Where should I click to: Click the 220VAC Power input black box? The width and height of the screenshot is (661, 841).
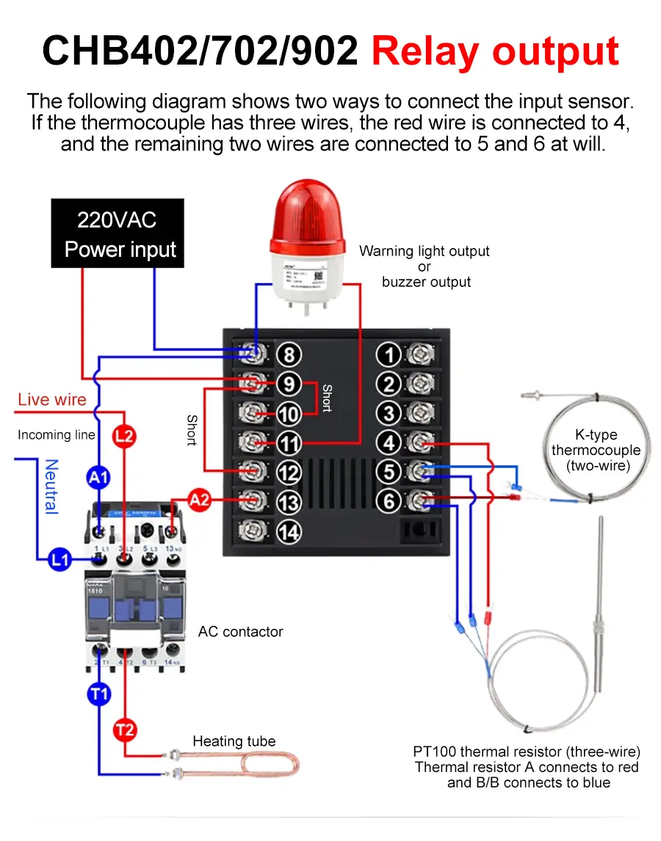(118, 233)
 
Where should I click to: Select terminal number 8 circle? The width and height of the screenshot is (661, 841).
(289, 355)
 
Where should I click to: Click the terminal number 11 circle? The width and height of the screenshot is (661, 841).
(289, 443)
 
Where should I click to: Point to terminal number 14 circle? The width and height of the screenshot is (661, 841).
(289, 531)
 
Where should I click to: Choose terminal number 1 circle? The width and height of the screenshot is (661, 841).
(389, 355)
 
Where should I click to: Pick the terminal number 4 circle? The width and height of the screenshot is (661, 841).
(389, 443)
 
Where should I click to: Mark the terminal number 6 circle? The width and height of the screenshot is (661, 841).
(389, 501)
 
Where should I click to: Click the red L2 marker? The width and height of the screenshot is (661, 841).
(124, 437)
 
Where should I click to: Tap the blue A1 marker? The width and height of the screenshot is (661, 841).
(98, 478)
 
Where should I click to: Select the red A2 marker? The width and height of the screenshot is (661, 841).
(199, 500)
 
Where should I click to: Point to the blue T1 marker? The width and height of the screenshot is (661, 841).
(98, 693)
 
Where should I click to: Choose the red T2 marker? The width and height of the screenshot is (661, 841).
(124, 730)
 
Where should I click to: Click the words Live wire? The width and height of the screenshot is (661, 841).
(52, 400)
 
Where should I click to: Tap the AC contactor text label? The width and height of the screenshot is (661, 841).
(240, 632)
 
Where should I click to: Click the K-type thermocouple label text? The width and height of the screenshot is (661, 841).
(596, 450)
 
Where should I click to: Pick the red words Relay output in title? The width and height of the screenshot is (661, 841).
(495, 52)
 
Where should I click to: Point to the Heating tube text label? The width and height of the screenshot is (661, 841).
(234, 741)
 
